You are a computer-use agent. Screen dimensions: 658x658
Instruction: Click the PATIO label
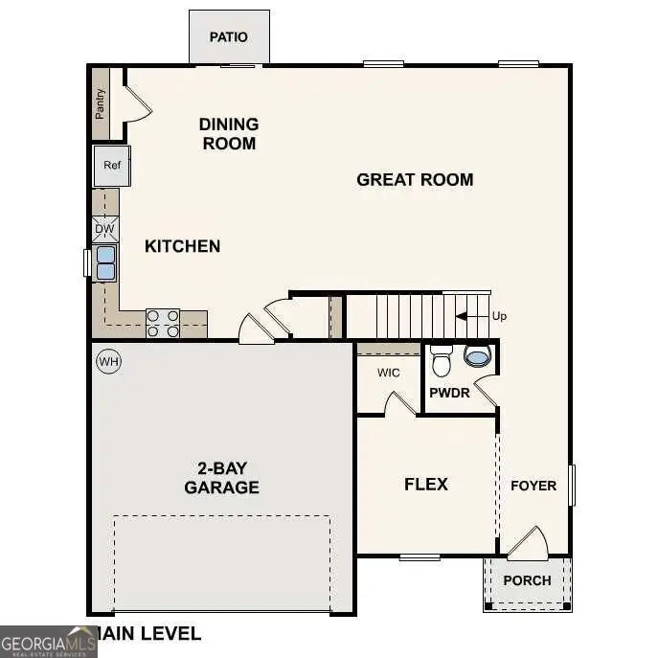click(x=228, y=37)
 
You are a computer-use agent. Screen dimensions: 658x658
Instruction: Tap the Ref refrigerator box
click(x=112, y=166)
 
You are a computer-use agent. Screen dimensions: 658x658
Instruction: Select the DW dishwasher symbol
click(x=105, y=230)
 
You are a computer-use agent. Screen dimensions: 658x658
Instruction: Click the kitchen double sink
click(x=104, y=262)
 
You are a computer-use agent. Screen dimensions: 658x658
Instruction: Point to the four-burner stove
click(x=163, y=323)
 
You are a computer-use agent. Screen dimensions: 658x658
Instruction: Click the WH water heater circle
click(x=108, y=361)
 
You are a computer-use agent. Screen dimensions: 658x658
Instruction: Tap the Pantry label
click(x=101, y=103)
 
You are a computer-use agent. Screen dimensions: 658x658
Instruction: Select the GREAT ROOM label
click(x=415, y=179)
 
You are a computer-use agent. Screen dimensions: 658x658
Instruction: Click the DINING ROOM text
click(x=228, y=134)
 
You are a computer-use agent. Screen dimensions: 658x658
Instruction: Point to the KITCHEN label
click(x=182, y=246)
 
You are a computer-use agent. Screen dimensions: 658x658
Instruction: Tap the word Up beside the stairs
click(x=499, y=317)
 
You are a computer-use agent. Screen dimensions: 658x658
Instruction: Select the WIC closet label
click(x=388, y=372)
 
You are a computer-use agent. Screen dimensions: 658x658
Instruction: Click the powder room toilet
click(x=442, y=362)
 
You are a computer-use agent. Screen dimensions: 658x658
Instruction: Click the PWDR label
click(x=448, y=393)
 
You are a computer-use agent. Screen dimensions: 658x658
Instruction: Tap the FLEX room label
click(x=426, y=484)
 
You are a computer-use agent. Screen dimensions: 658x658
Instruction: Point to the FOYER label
click(x=533, y=486)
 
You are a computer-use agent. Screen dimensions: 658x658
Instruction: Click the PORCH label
click(x=527, y=580)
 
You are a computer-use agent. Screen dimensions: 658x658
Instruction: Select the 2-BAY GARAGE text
click(x=221, y=478)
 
